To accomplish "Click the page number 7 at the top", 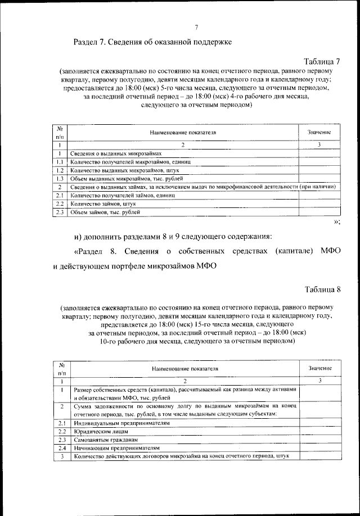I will click(x=196, y=28).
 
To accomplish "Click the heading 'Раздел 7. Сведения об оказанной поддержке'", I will click(x=152, y=42).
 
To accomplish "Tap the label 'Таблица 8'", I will click(x=322, y=289).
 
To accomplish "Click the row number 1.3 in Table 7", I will click(x=59, y=178).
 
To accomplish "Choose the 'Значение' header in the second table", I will click(x=319, y=368).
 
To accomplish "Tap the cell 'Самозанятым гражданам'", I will click(x=105, y=439).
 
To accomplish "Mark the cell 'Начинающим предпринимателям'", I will click(x=115, y=447).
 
